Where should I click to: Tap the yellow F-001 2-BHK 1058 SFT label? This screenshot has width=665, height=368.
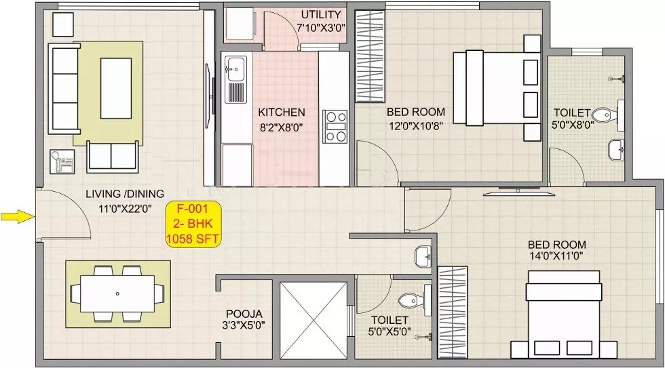coord(193,224)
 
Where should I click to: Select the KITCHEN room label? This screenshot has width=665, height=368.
coord(282,112)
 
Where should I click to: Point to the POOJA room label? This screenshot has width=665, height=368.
coord(244,313)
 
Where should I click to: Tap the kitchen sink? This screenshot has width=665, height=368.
coord(235,67)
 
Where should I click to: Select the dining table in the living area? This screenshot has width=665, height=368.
coord(117,293)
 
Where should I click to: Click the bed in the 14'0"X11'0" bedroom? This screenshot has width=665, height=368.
coord(564,314)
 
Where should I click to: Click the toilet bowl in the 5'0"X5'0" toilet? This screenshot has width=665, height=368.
coord(411,299)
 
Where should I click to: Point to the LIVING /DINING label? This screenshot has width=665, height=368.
coord(124,194)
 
